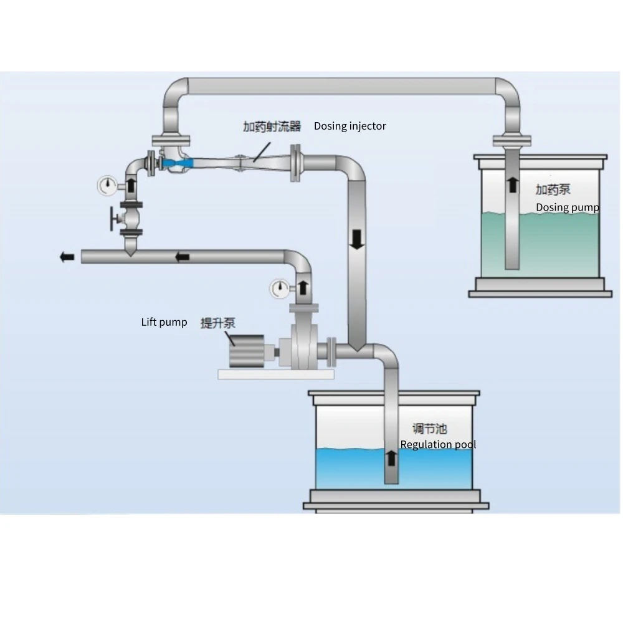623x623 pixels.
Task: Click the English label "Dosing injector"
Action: (x=350, y=126)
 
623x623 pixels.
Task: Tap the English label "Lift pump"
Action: (x=164, y=322)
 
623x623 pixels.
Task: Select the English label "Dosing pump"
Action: (x=568, y=207)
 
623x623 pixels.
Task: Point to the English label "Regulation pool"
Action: (x=438, y=444)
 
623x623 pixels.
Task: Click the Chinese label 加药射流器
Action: (x=272, y=126)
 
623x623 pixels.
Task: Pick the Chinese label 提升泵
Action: (x=217, y=323)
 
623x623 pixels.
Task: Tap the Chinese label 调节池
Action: (x=430, y=429)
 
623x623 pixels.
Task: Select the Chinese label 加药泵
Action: (x=553, y=189)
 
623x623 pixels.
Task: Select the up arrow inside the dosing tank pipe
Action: (x=511, y=185)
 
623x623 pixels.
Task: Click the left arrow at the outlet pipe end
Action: (x=67, y=257)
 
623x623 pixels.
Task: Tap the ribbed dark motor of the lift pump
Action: (x=245, y=354)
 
